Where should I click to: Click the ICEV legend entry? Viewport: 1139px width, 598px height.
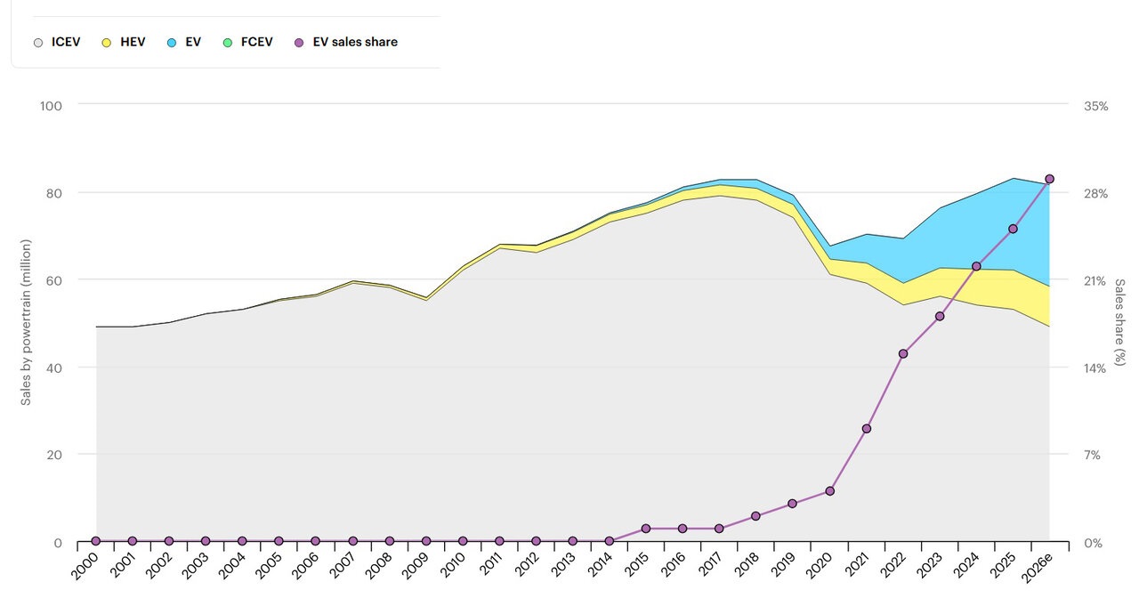57,42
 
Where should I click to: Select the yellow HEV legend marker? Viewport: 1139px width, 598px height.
106,43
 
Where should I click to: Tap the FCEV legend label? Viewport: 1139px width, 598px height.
257,42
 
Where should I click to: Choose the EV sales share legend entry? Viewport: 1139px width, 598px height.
346,42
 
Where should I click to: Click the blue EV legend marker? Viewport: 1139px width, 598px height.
172,43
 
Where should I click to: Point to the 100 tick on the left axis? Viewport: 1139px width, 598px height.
51,106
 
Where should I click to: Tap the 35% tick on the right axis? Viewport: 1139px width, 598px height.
1095,106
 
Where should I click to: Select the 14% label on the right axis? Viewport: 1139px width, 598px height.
1095,368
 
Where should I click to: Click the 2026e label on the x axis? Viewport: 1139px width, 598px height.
1037,568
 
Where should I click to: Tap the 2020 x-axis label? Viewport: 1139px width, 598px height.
819,566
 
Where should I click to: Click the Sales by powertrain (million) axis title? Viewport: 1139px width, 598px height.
26,322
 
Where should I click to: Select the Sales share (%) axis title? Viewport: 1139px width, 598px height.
1119,322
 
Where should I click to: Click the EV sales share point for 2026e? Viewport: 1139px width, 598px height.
1049,179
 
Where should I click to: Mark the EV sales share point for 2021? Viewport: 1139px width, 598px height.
867,429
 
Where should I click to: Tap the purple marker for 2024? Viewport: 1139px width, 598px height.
976,266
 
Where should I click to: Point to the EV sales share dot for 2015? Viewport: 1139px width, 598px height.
646,529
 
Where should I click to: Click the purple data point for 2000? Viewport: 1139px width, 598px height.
95,541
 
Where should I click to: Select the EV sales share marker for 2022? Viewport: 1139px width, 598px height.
903,354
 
